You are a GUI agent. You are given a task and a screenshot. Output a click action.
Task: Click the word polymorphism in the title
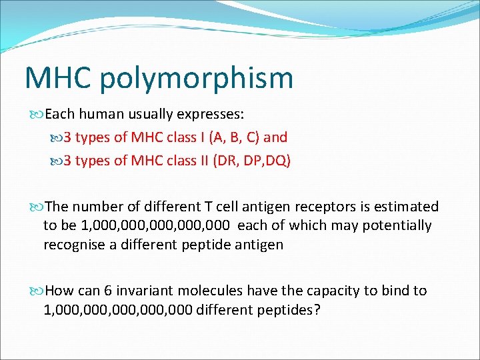197,79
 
